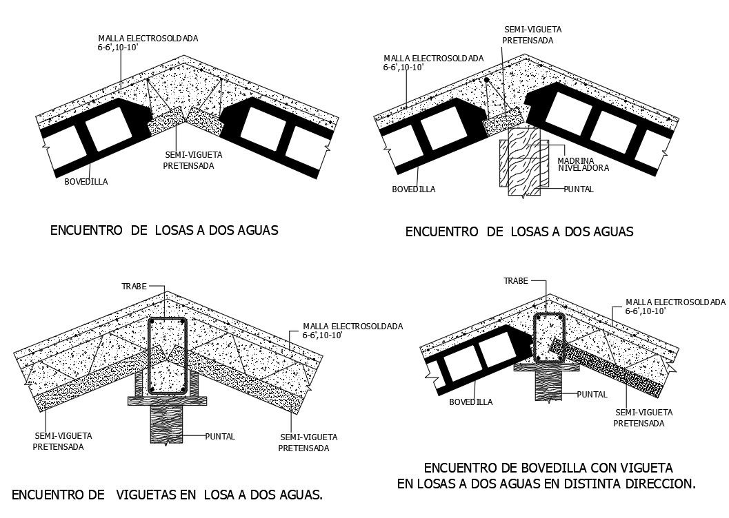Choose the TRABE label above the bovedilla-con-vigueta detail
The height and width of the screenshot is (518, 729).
click(515, 281)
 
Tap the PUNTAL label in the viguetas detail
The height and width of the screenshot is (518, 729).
click(220, 436)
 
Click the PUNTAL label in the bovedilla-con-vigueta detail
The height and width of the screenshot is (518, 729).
click(592, 395)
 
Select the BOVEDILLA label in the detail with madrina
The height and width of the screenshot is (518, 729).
click(414, 189)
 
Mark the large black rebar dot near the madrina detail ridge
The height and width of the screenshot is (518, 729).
click(487, 81)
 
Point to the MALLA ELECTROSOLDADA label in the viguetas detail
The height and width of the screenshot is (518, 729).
click(352, 326)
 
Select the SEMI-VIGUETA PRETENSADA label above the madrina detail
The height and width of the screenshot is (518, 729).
click(532, 35)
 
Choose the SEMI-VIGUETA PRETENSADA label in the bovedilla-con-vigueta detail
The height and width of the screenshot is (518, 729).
click(642, 417)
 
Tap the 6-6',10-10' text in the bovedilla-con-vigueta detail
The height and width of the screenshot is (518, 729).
click(645, 311)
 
